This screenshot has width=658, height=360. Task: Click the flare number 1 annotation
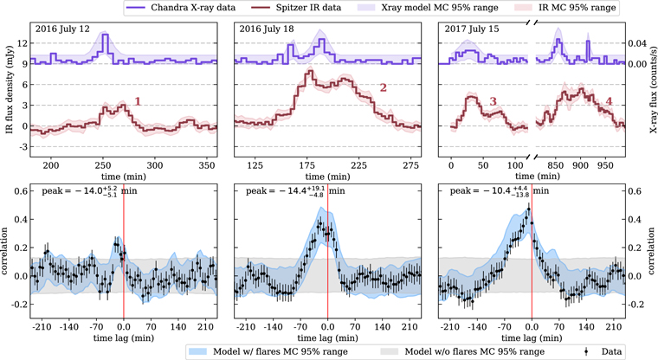(x=137, y=102)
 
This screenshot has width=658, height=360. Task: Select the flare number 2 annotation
(x=382, y=89)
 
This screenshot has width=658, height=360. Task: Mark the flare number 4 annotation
(x=609, y=101)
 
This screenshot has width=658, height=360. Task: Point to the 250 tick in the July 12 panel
(x=103, y=164)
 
